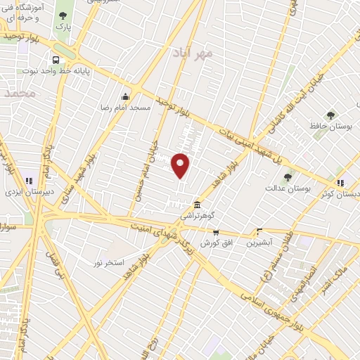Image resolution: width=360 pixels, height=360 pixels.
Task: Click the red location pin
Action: pos(181,165)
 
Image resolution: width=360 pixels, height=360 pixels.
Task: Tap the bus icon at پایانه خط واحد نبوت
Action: pos(55,60)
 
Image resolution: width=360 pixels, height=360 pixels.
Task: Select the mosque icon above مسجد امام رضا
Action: pos(125,96)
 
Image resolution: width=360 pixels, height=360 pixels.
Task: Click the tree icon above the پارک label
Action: pos(63,16)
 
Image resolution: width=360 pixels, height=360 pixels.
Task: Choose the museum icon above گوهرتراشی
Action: pos(198,205)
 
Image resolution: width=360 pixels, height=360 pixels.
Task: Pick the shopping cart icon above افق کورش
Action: pos(215,232)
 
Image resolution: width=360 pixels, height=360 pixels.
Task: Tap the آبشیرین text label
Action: pos(259,243)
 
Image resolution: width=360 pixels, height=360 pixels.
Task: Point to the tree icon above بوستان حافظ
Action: pos(330,115)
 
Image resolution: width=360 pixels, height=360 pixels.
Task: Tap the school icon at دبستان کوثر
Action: pos(340,183)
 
